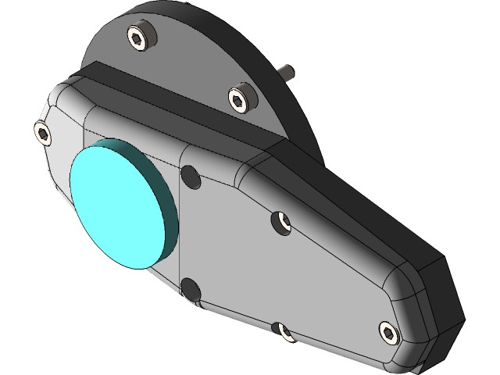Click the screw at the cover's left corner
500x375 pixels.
click(43, 133)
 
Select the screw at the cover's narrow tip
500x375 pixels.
click(388, 332)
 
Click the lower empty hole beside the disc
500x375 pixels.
click(190, 289)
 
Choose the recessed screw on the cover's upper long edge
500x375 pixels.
click(283, 223)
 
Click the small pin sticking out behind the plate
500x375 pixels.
click(288, 72)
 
